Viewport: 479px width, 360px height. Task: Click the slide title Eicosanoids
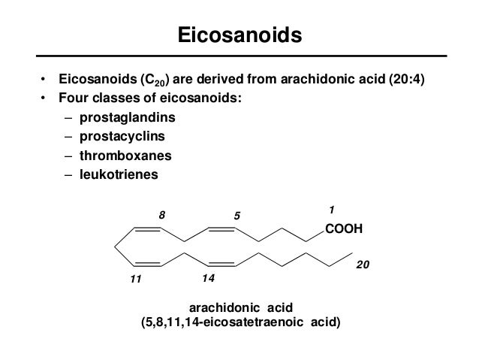coord(239,35)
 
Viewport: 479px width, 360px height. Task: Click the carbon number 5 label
coord(236,216)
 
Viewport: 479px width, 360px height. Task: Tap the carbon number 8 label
coord(161,215)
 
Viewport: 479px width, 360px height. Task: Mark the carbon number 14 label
coord(208,278)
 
